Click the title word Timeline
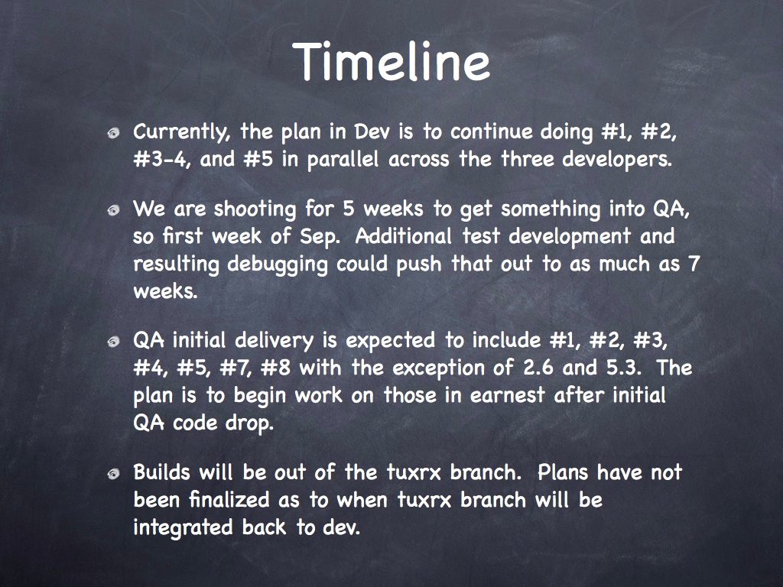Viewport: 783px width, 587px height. (391, 61)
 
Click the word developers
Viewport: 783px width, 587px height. (617, 160)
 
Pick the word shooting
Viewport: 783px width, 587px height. (255, 209)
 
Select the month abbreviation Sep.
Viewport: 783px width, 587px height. (320, 237)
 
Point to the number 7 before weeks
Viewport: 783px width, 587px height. (694, 264)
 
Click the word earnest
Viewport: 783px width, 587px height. (508, 396)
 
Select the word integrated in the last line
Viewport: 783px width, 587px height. (183, 528)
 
